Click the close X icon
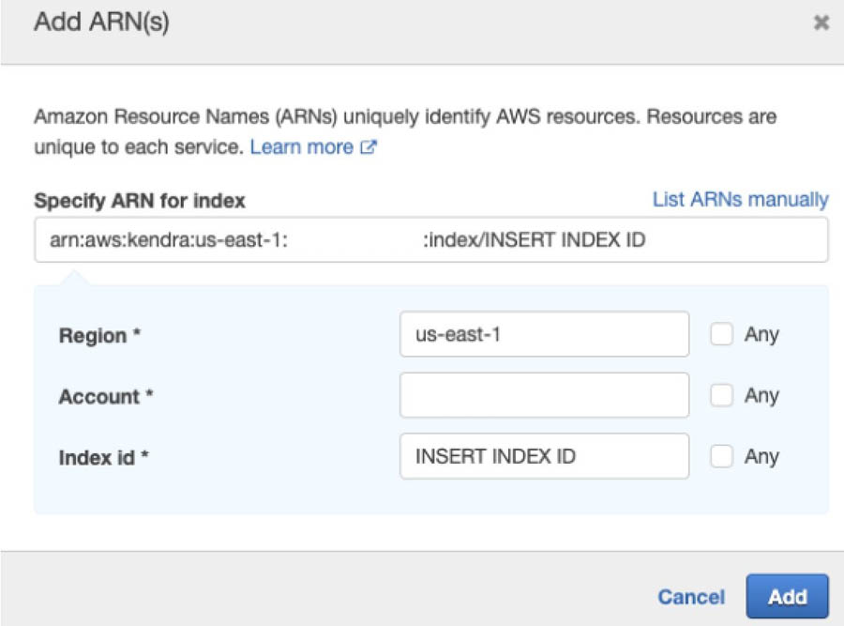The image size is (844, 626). tap(821, 23)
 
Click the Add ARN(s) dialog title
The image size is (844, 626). tap(101, 23)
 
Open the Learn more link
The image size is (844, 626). tap(301, 146)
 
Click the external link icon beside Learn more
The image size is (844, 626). tap(369, 146)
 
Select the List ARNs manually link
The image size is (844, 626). tap(740, 199)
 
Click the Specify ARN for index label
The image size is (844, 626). tap(140, 201)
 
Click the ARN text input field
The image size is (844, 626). tap(431, 239)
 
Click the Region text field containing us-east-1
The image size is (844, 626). tap(544, 334)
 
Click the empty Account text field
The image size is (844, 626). tap(544, 395)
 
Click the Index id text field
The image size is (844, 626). tap(544, 456)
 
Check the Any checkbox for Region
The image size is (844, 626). tap(721, 334)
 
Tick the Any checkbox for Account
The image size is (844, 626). tap(721, 395)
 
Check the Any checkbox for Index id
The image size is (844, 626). tap(721, 456)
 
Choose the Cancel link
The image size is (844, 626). tap(691, 597)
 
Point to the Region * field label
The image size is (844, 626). tap(99, 335)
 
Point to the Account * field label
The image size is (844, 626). tap(106, 396)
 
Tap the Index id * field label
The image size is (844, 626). tap(103, 457)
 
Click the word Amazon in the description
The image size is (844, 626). tap(70, 116)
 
